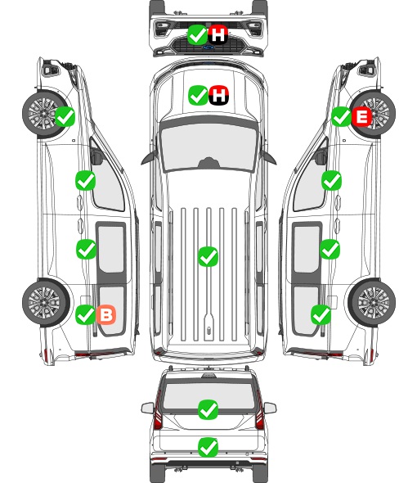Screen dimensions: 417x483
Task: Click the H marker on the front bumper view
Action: [x=217, y=34]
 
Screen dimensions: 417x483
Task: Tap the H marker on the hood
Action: [x=219, y=95]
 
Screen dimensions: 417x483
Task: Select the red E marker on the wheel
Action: [x=362, y=116]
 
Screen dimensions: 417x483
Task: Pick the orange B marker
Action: [x=106, y=314]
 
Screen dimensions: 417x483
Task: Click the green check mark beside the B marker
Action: [x=85, y=314]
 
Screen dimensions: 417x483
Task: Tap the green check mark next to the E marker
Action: [x=341, y=116]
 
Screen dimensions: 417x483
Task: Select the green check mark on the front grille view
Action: [x=197, y=34]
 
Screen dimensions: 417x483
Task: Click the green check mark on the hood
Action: [x=198, y=95]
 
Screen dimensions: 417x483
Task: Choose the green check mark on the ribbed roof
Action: [x=208, y=256]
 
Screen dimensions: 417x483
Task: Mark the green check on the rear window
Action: [x=208, y=409]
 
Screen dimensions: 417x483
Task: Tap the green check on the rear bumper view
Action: [x=208, y=447]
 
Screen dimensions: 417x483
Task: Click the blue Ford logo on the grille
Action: [x=208, y=47]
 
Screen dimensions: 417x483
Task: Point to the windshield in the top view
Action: [x=208, y=147]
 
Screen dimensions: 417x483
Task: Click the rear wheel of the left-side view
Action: [x=46, y=303]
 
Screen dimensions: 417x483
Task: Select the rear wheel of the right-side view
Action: [x=372, y=303]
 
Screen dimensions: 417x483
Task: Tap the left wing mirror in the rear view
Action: [x=147, y=408]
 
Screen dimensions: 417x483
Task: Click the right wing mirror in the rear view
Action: [x=270, y=408]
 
